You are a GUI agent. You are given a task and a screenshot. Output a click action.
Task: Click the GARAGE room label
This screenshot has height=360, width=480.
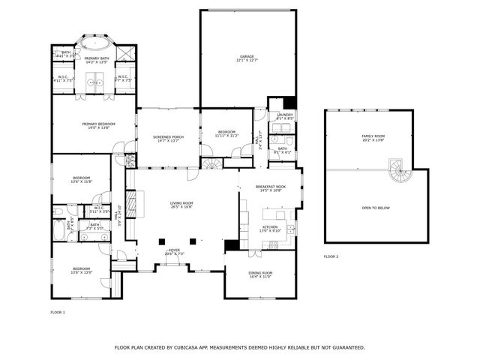247,56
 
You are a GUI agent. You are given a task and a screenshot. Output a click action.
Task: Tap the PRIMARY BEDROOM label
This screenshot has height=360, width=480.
95,124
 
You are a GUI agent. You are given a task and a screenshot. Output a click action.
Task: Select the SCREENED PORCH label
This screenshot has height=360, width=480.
168,137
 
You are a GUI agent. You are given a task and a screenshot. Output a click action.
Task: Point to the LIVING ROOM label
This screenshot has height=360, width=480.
181,202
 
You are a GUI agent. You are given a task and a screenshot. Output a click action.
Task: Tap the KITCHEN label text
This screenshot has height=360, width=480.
269,226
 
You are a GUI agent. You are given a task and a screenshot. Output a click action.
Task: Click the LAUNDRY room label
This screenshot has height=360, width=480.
284,114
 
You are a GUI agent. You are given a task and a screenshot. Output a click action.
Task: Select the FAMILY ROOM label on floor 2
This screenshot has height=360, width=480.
373,136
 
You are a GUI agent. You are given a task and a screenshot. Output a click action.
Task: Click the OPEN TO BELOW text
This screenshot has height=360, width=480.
375,208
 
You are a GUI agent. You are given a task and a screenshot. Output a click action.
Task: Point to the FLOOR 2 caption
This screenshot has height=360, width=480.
331,256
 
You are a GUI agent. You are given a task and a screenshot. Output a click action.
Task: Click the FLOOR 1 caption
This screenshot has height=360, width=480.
58,311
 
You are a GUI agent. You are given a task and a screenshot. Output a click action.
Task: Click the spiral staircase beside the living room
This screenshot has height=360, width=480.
213,163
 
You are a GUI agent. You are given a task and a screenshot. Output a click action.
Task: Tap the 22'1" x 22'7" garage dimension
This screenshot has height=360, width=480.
247,61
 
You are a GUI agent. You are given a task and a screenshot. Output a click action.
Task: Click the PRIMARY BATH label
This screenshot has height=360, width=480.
96,58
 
